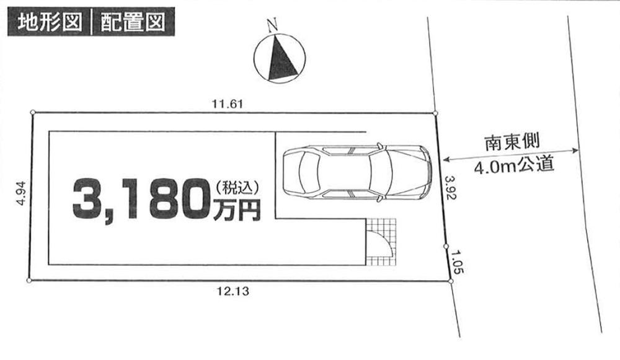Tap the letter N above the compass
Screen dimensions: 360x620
(x=271, y=25)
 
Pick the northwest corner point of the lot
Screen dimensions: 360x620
(x=33, y=112)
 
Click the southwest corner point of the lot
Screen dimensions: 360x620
(x=29, y=281)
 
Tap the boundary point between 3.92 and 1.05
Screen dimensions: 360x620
(x=446, y=246)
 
